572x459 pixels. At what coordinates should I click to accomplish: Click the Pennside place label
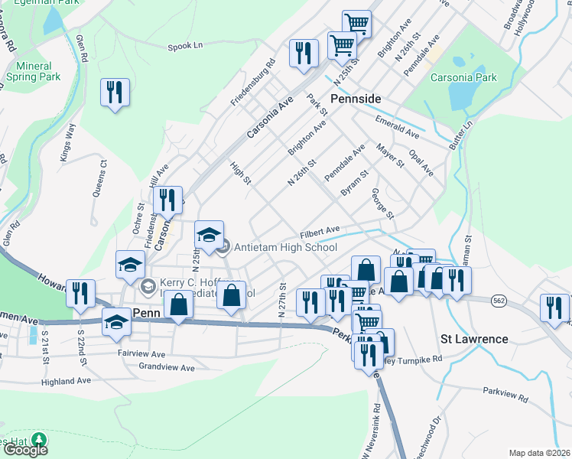coord(355,99)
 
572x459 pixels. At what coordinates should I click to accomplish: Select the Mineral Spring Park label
coord(33,71)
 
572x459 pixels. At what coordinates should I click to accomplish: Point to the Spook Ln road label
coord(185,47)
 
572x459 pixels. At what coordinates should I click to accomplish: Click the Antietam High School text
coord(285,247)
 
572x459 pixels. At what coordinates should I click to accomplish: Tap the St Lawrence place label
coord(474,338)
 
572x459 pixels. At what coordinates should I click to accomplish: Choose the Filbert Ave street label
coord(320,229)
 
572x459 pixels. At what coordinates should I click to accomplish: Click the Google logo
coord(25,449)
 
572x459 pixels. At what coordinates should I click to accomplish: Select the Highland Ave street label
coord(67,380)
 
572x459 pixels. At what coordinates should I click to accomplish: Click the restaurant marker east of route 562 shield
coord(554,306)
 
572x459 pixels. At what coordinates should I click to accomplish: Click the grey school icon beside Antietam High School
coord(223,247)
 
